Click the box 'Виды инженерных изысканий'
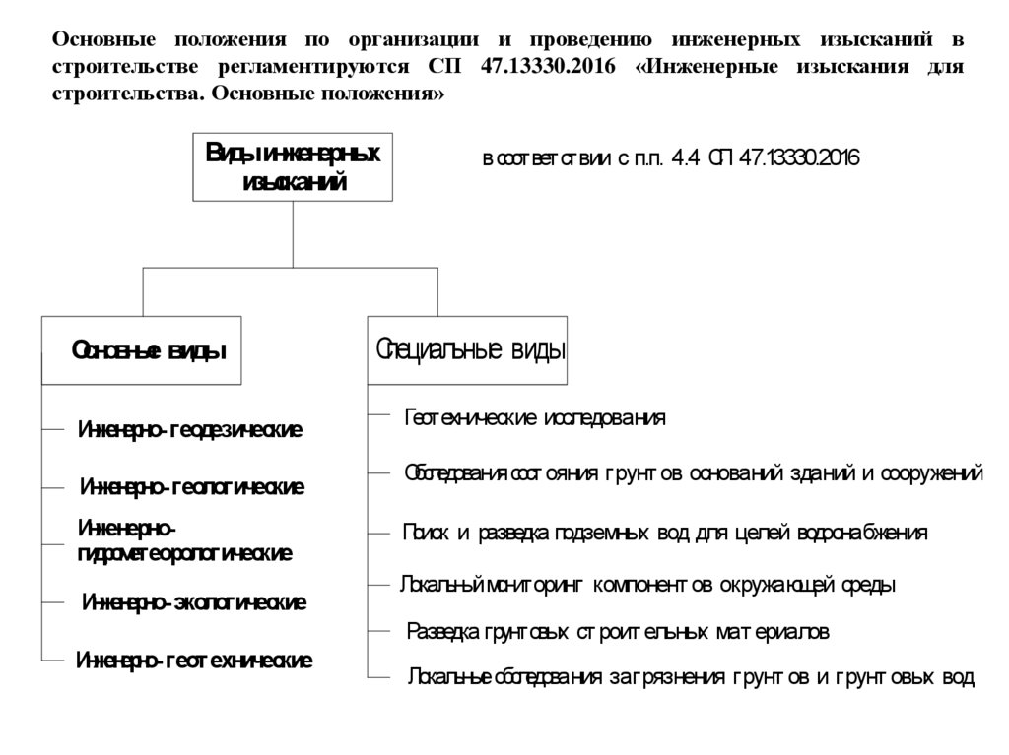[293, 167]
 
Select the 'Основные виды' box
[142, 349]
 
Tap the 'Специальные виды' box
[468, 349]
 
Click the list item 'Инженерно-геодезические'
[190, 429]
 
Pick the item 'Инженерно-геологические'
[191, 487]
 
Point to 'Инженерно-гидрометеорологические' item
[184, 541]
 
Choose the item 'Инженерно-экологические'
[194, 601]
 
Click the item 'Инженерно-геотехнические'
[194, 661]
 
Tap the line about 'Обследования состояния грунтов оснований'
[693, 473]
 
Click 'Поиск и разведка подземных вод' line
[665, 533]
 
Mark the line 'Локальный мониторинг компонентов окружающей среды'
[647, 585]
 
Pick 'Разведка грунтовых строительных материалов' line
[618, 631]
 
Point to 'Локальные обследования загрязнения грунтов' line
[690, 677]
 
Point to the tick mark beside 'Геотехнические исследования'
[379, 416]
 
